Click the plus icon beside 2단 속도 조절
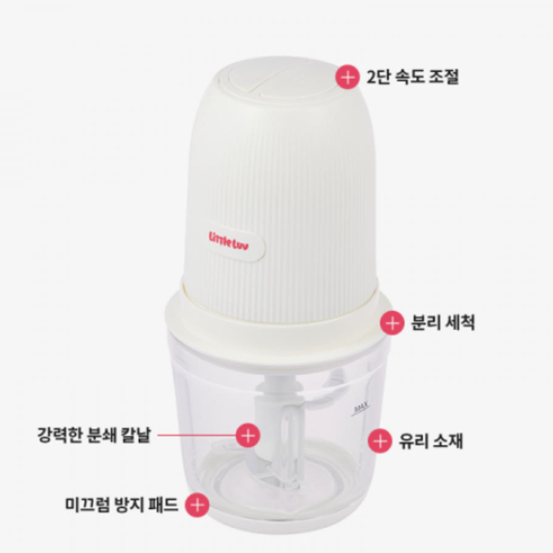click(x=349, y=76)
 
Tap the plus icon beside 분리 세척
click(x=393, y=323)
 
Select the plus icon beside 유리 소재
click(x=379, y=438)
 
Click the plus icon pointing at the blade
click(x=247, y=435)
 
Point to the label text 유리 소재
click(x=428, y=438)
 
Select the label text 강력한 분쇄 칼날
click(x=95, y=435)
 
